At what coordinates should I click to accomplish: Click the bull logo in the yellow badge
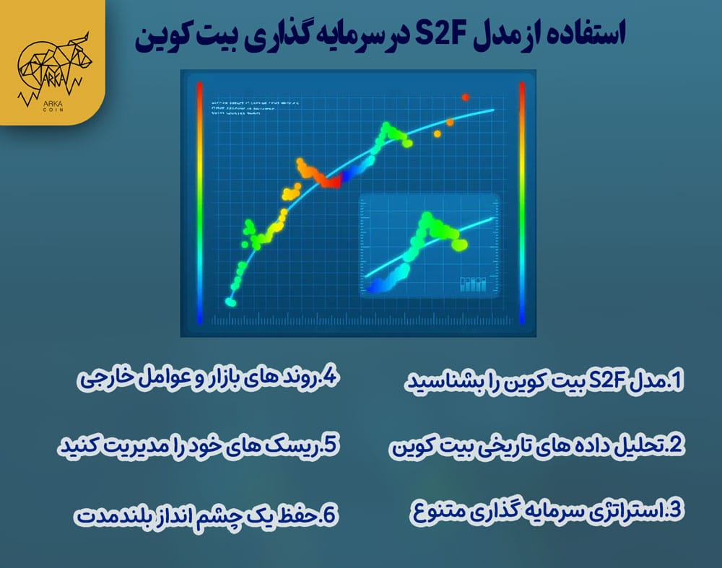tap(53, 65)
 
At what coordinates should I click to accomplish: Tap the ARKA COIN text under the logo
tap(52, 108)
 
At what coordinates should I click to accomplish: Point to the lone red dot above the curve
tap(466, 97)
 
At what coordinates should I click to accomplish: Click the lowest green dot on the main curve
tap(230, 302)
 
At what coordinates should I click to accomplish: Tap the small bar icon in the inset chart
tap(473, 284)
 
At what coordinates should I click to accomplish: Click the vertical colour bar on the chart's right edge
tap(521, 203)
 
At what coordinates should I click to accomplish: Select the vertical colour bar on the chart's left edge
tap(200, 203)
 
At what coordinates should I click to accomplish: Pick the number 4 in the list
tap(331, 378)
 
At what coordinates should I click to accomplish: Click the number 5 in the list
tap(331, 445)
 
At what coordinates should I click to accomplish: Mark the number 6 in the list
tap(331, 514)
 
